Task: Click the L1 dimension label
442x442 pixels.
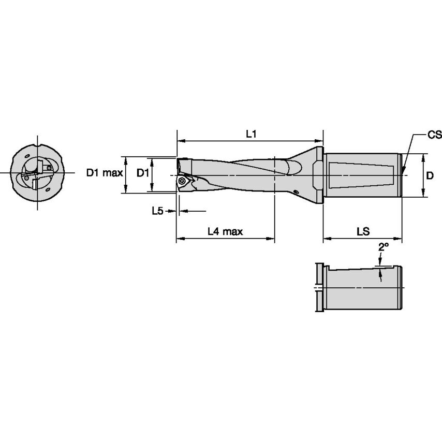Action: click(x=251, y=134)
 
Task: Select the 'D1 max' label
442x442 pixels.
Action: click(x=104, y=173)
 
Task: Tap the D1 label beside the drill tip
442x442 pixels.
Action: click(x=143, y=173)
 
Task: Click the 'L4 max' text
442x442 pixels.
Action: click(x=225, y=231)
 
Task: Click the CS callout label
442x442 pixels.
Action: click(x=434, y=135)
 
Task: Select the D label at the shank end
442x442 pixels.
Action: click(x=430, y=175)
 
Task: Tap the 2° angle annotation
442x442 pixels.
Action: click(x=382, y=247)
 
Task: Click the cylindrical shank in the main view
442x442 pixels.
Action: click(x=362, y=175)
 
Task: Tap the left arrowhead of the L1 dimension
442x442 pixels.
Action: click(x=180, y=140)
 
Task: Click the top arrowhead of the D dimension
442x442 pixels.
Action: click(x=424, y=156)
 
